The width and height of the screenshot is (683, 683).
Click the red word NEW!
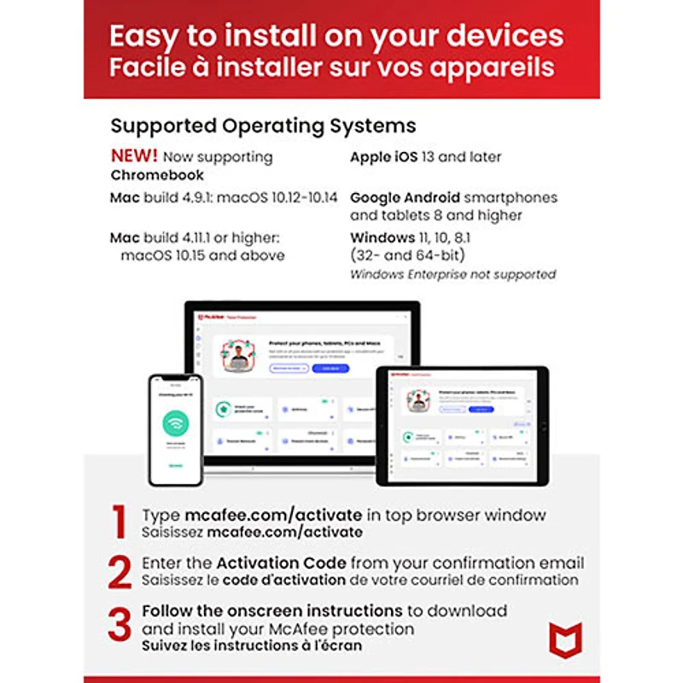pyautogui.click(x=134, y=156)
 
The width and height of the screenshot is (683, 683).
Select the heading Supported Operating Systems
pyautogui.click(x=263, y=126)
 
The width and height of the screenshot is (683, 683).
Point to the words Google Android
pyautogui.click(x=405, y=197)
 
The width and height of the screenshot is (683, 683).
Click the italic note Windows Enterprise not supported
pyautogui.click(x=452, y=274)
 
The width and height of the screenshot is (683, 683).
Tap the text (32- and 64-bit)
pyautogui.click(x=407, y=255)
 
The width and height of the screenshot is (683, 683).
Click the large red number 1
pyautogui.click(x=120, y=522)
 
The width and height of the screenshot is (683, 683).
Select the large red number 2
pyautogui.click(x=120, y=572)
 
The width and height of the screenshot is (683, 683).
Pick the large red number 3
pyautogui.click(x=120, y=626)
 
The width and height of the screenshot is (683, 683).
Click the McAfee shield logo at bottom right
pyautogui.click(x=565, y=639)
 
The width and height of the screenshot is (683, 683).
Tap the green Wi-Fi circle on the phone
pyautogui.click(x=175, y=423)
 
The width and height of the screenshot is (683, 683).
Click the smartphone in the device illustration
pyautogui.click(x=175, y=429)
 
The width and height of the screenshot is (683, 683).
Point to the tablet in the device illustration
pyautogui.click(x=462, y=425)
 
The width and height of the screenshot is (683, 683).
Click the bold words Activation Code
pyautogui.click(x=281, y=563)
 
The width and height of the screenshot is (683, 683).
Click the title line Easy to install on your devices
pyautogui.click(x=336, y=36)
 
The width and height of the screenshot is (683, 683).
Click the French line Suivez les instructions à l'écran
pyautogui.click(x=252, y=645)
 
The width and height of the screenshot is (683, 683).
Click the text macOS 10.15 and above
pyautogui.click(x=202, y=255)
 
